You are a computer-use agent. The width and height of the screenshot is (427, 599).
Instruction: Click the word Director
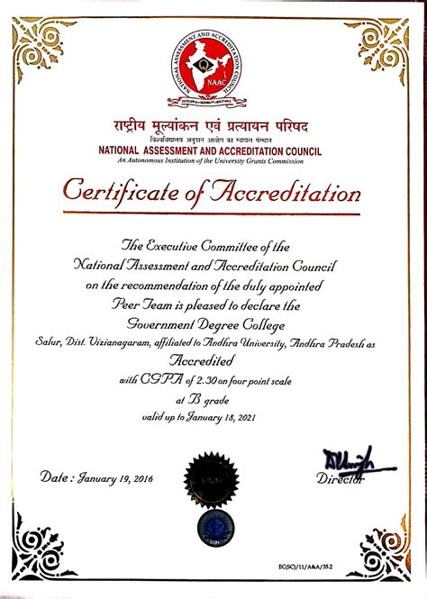pyautogui.click(x=341, y=480)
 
